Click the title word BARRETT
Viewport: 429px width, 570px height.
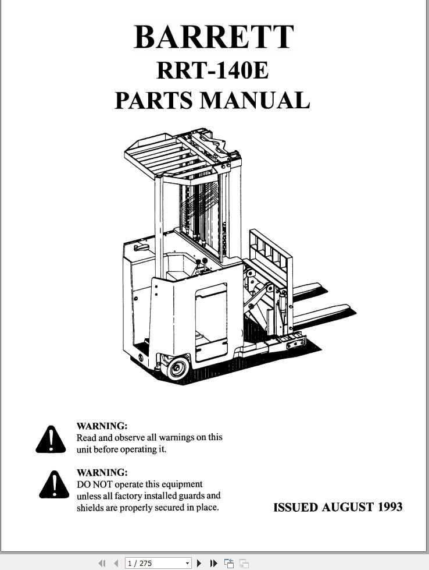pyautogui.click(x=213, y=37)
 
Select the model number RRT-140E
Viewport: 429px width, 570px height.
pyautogui.click(x=213, y=70)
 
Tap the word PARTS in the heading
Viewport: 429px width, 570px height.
pyautogui.click(x=153, y=100)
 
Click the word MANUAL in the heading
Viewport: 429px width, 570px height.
pyautogui.click(x=255, y=100)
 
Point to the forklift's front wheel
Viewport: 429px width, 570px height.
pyautogui.click(x=177, y=368)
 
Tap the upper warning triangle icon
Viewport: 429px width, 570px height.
pyautogui.click(x=51, y=439)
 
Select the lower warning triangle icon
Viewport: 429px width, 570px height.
pyautogui.click(x=54, y=484)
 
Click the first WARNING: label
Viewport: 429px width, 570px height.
pyautogui.click(x=102, y=426)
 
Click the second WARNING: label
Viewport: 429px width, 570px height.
pyautogui.click(x=102, y=472)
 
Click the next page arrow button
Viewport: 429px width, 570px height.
pyautogui.click(x=199, y=563)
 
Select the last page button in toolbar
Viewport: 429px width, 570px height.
pyautogui.click(x=214, y=563)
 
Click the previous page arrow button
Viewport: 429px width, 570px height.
pyautogui.click(x=116, y=563)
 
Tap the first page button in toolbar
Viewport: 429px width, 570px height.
pyautogui.click(x=102, y=563)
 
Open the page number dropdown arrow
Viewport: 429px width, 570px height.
pyautogui.click(x=187, y=564)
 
